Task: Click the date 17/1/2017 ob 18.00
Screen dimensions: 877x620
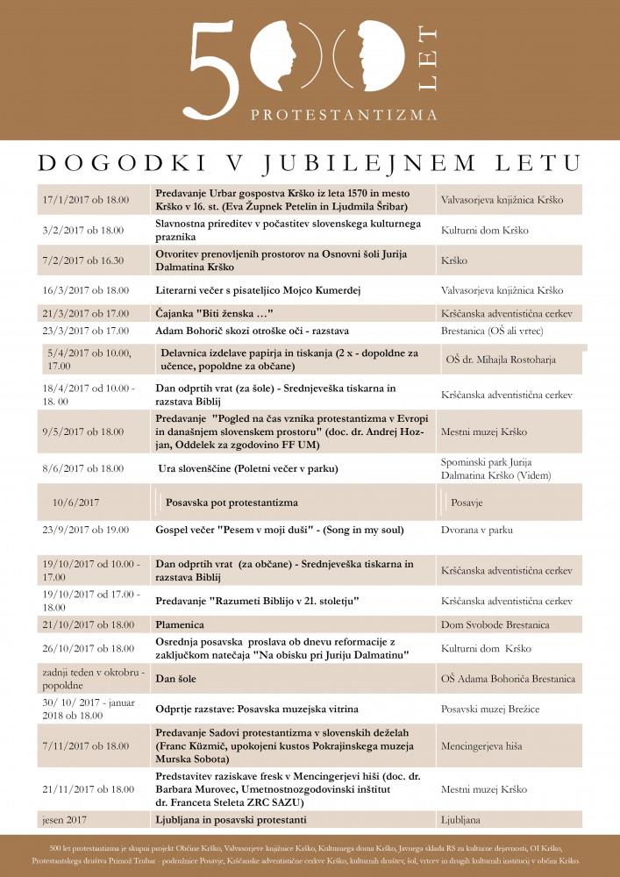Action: click(85, 200)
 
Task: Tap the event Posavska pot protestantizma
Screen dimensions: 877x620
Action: click(232, 503)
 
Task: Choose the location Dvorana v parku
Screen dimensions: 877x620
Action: click(477, 530)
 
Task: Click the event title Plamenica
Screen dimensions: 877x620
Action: click(180, 624)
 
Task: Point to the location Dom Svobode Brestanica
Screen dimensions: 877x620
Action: click(495, 624)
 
